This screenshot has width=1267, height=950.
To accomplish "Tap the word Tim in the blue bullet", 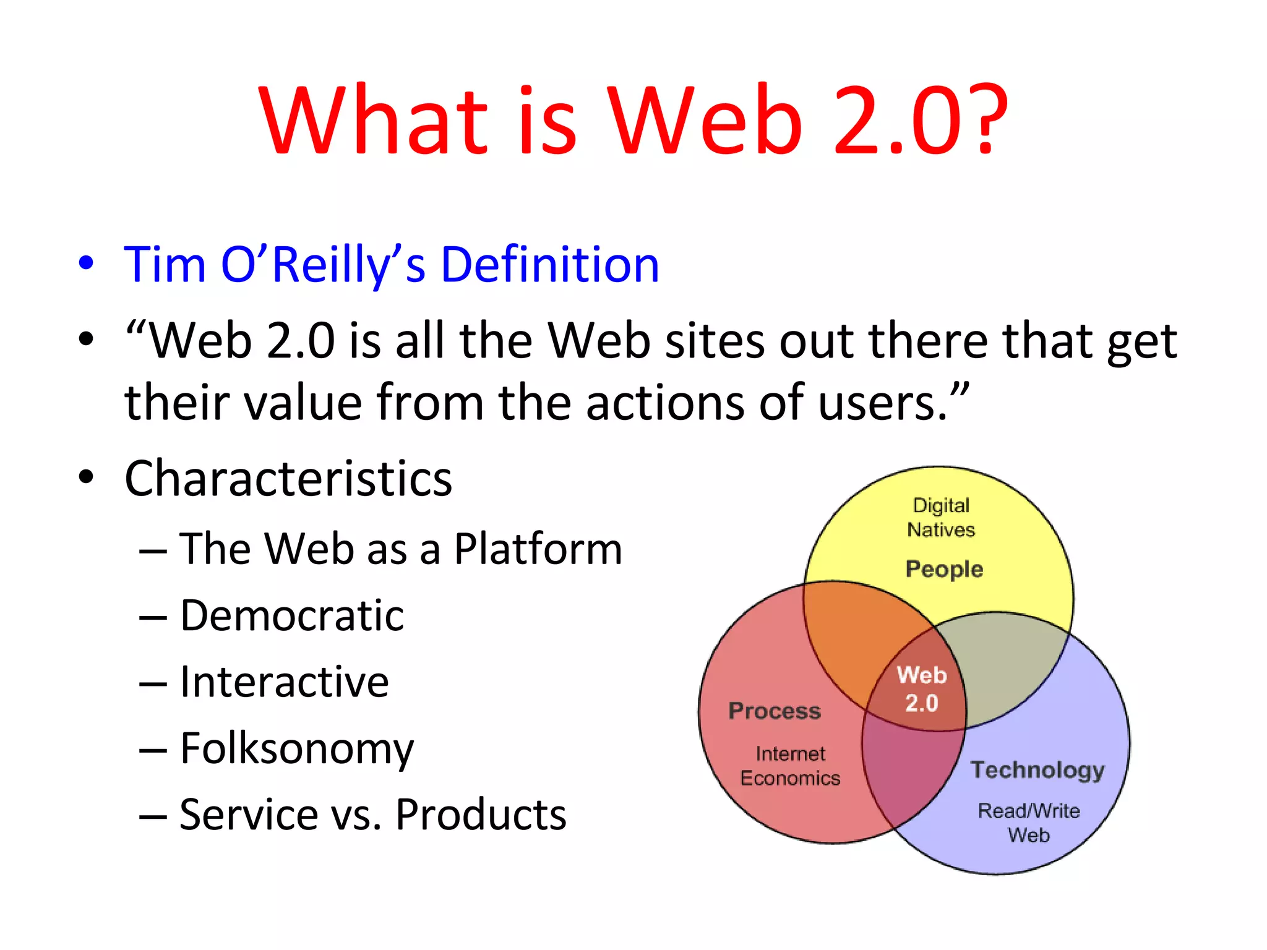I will (165, 265).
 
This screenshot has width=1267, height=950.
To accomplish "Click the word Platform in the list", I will (538, 549).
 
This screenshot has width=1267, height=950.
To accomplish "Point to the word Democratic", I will (292, 616).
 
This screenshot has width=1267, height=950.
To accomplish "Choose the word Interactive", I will (285, 682).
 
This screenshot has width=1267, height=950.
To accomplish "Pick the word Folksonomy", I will (297, 750).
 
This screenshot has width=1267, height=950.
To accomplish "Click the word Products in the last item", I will (481, 815).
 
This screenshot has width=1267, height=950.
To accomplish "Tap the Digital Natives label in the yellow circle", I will (941, 518).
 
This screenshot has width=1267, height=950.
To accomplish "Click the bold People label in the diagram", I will (944, 569).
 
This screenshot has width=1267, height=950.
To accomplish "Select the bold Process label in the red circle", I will (775, 711).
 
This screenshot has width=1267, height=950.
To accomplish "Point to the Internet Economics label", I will (790, 766).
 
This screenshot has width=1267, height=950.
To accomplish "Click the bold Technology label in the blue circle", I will (1037, 770).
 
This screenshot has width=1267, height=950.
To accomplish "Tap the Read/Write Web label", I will (1029, 823).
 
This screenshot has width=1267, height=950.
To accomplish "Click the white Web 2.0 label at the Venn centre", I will (922, 689).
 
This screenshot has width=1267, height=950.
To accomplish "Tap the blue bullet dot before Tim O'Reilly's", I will (87, 263).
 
